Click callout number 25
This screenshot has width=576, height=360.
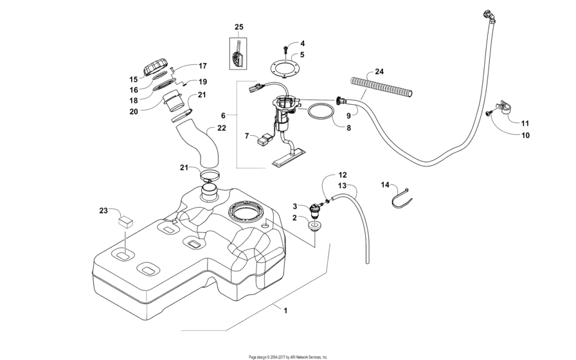click(239, 27)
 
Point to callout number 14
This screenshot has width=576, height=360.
click(385, 185)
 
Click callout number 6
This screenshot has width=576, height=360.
click(223, 115)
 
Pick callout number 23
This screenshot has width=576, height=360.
click(104, 210)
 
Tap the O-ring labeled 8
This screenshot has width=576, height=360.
click(321, 112)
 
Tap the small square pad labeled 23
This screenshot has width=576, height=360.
click(125, 222)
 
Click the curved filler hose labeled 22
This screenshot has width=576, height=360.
click(204, 145)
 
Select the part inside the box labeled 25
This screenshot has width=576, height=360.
click(239, 54)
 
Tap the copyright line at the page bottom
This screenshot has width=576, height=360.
click(288, 356)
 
